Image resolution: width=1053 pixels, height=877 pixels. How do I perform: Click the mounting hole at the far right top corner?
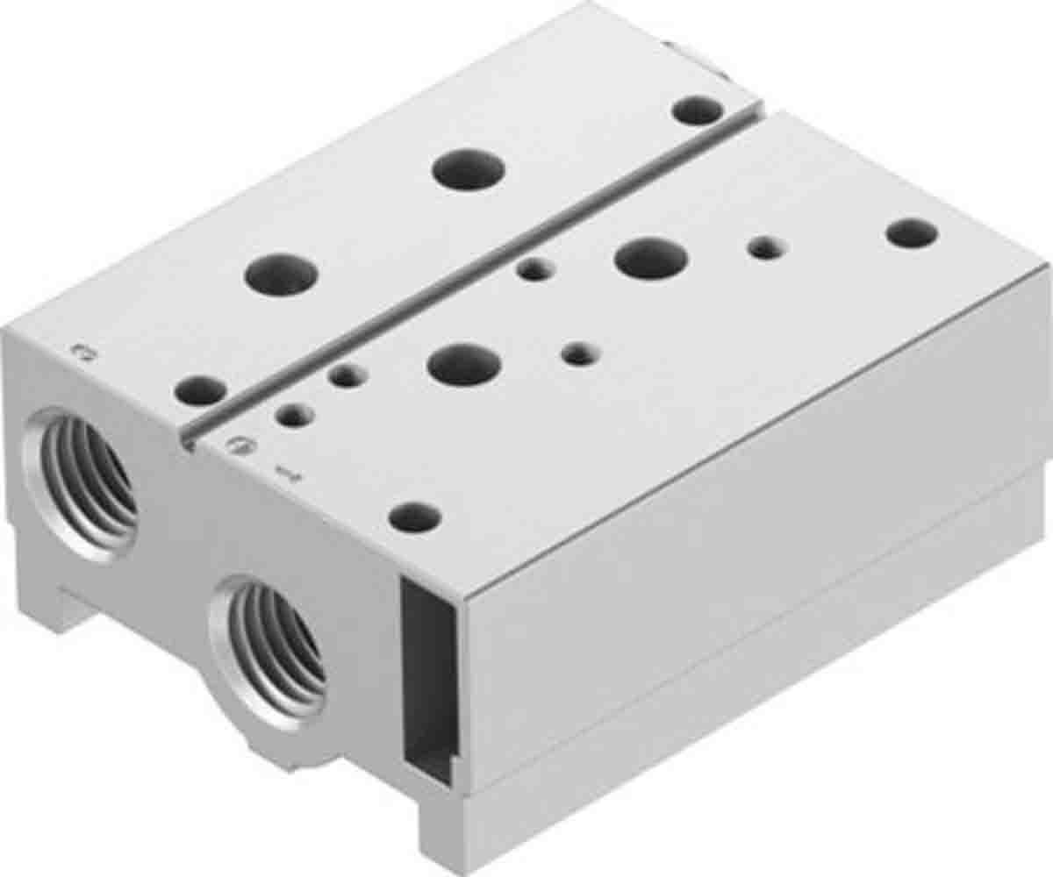click(912, 232)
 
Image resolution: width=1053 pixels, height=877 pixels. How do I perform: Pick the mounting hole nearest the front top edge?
click(414, 517)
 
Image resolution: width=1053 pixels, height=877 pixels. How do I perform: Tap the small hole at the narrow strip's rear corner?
click(698, 111)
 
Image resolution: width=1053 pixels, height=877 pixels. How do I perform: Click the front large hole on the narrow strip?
click(281, 274)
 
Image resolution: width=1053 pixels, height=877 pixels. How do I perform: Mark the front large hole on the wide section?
click(462, 364)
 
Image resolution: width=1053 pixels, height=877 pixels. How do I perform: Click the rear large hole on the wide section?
click(649, 258)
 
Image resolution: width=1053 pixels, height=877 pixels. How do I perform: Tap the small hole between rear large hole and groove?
click(533, 270)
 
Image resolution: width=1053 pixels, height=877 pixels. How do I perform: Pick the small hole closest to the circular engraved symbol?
click(295, 414)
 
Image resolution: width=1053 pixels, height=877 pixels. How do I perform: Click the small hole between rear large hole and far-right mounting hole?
click(764, 249)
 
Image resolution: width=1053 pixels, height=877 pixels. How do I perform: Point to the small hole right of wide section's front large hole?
click(577, 354)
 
